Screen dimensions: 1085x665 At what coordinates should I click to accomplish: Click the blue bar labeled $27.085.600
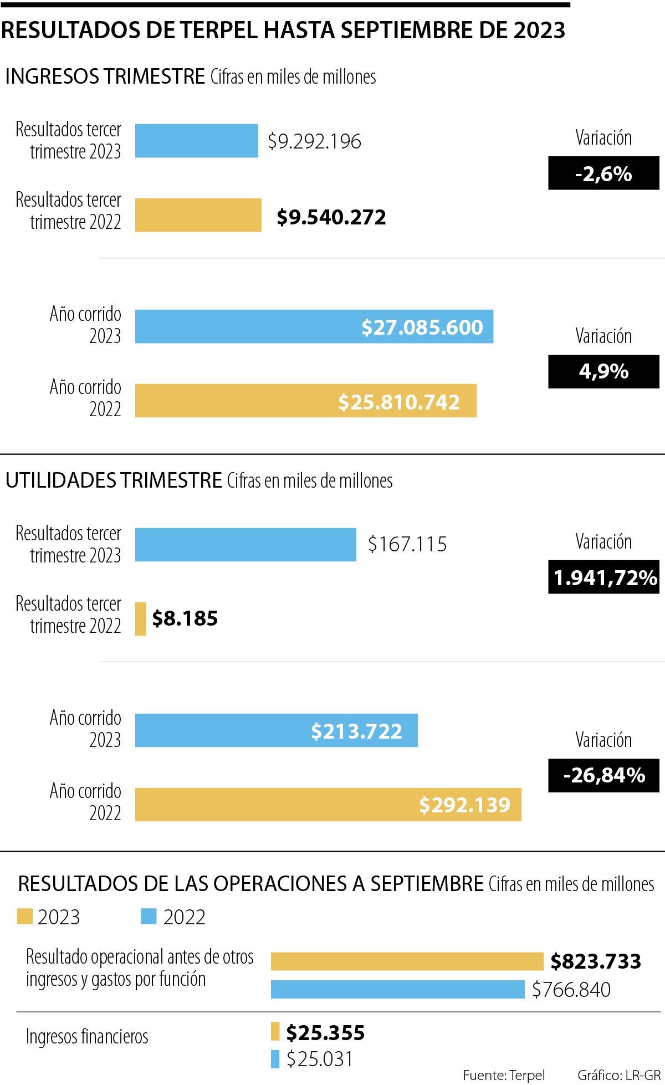[x=314, y=326]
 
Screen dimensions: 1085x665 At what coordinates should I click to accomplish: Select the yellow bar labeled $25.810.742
[x=305, y=401]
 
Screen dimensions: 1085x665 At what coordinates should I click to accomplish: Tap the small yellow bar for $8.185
[x=141, y=618]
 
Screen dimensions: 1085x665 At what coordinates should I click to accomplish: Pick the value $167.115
[x=407, y=544]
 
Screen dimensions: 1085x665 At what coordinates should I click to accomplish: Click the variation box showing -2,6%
[x=603, y=173]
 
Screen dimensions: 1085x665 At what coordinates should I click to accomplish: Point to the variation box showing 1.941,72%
[x=603, y=577]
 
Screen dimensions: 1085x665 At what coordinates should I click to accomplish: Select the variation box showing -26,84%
[x=603, y=775]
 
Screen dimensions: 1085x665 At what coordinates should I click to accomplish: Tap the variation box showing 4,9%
[x=603, y=371]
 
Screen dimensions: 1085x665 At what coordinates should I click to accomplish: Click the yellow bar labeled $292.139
[x=328, y=805]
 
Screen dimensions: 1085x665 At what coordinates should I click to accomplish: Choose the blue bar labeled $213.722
[x=276, y=730]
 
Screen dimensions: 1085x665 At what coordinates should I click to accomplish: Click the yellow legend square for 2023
[x=25, y=917]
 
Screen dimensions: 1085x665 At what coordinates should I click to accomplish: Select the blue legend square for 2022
[x=149, y=917]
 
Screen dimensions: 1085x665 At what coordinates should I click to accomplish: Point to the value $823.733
[x=596, y=961]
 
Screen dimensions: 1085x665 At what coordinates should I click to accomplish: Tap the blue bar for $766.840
[x=397, y=989]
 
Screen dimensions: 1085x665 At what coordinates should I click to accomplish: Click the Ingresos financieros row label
[x=87, y=1036]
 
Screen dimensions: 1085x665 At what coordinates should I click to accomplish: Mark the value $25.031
[x=320, y=1059]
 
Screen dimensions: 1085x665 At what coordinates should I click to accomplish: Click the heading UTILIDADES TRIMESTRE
[x=114, y=480]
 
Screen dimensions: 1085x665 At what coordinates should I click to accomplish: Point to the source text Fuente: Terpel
[x=504, y=1075]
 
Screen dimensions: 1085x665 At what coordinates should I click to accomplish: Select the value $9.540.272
[x=331, y=217]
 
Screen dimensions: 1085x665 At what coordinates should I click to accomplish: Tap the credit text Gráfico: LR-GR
[x=619, y=1075]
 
